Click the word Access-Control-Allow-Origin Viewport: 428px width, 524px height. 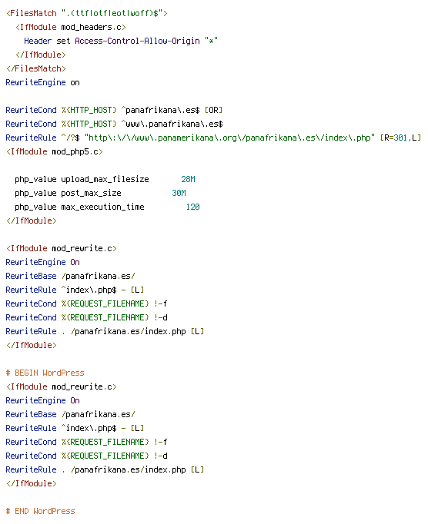click(x=137, y=41)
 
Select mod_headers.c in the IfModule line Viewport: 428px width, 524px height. click(x=93, y=28)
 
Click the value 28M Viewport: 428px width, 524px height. click(x=189, y=180)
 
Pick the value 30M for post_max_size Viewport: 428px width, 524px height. click(x=179, y=193)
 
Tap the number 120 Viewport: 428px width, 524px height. click(x=193, y=207)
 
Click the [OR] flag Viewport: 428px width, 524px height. click(x=214, y=111)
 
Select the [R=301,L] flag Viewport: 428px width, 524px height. click(x=400, y=138)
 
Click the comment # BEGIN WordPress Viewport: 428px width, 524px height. click(x=45, y=373)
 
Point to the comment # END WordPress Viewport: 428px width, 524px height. click(x=40, y=511)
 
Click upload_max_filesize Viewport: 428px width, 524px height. click(x=105, y=180)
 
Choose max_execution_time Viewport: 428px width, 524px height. click(x=102, y=207)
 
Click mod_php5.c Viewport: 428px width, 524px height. click(x=77, y=151)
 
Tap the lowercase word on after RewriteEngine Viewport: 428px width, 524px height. click(x=75, y=82)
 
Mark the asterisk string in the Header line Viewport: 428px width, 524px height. click(x=212, y=41)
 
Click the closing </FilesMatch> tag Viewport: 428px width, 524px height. click(x=36, y=69)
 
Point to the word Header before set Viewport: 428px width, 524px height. click(x=38, y=41)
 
